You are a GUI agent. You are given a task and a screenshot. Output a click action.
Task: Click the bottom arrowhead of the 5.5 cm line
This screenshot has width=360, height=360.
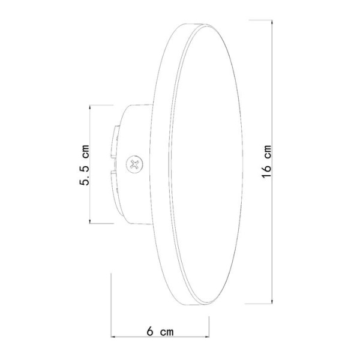coord(90,222)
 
